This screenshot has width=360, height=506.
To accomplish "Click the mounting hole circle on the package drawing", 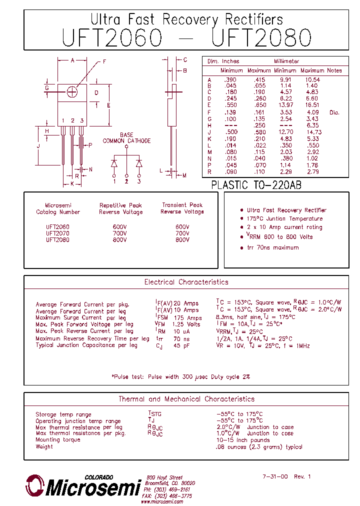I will click(x=72, y=92).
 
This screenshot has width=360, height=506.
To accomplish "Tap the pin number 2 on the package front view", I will click(x=72, y=120).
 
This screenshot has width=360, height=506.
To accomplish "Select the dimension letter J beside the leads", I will click(x=38, y=145).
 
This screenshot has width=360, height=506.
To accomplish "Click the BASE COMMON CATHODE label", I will click(x=126, y=138).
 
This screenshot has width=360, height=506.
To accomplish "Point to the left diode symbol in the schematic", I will click(x=114, y=163).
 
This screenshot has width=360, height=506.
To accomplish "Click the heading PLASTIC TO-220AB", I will click(x=256, y=184).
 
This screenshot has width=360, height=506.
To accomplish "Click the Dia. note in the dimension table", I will click(x=334, y=112).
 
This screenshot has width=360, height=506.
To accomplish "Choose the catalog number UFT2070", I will click(x=57, y=233).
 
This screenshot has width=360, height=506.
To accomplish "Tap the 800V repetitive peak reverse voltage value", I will click(x=120, y=240).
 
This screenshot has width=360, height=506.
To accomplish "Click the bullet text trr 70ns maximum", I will click(x=272, y=247).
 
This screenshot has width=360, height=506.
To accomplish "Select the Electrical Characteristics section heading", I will click(x=186, y=282).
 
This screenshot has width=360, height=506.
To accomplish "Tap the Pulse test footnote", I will click(x=180, y=376).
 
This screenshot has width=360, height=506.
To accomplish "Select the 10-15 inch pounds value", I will click(x=242, y=440).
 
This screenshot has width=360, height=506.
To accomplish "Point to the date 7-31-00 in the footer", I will click(x=275, y=476).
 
